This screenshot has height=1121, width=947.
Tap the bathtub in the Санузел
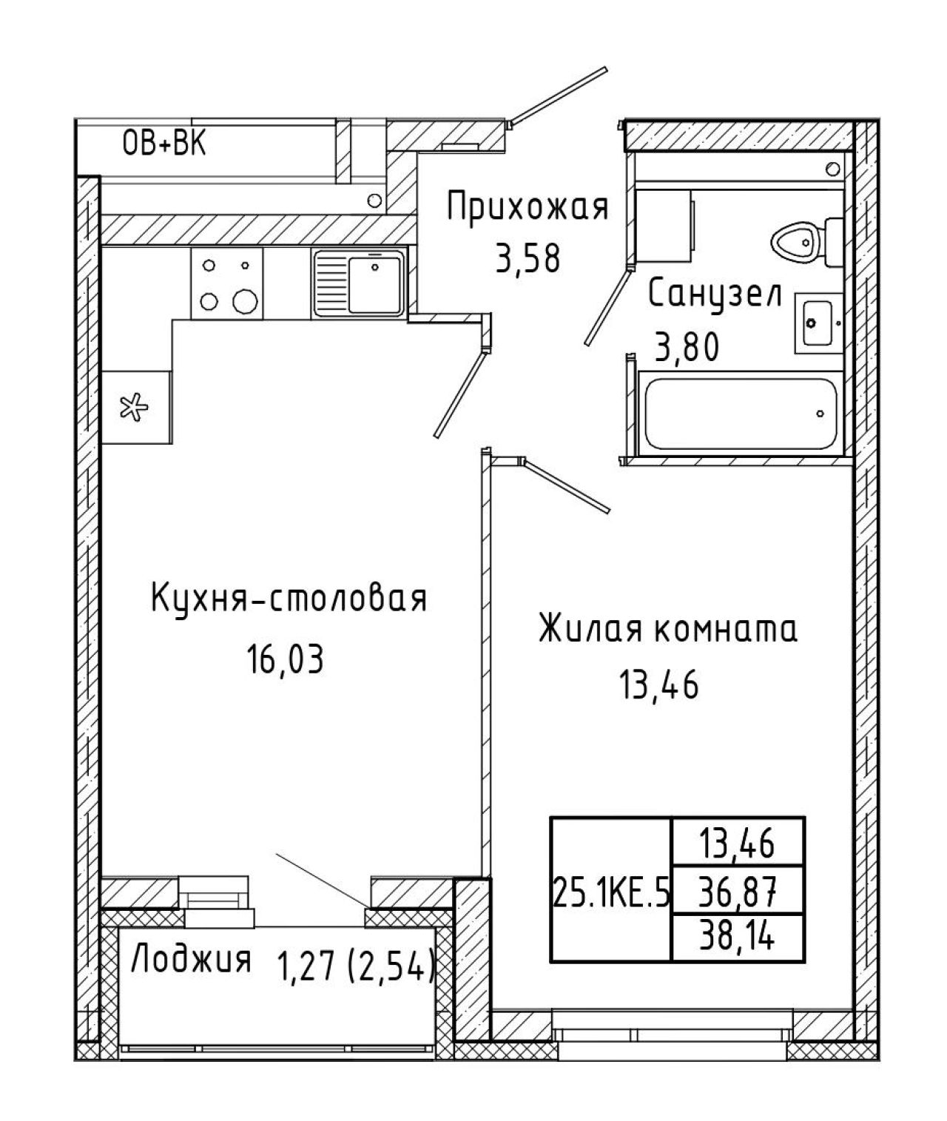(x=741, y=414)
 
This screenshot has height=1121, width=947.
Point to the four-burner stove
(x=226, y=283)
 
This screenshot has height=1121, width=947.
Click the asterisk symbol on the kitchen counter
(x=134, y=408)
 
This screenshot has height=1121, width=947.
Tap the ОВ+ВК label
(x=164, y=144)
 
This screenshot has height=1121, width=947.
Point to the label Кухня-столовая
(x=289, y=598)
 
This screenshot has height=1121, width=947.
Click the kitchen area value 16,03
(x=285, y=659)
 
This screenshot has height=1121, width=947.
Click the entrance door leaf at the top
(x=559, y=97)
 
